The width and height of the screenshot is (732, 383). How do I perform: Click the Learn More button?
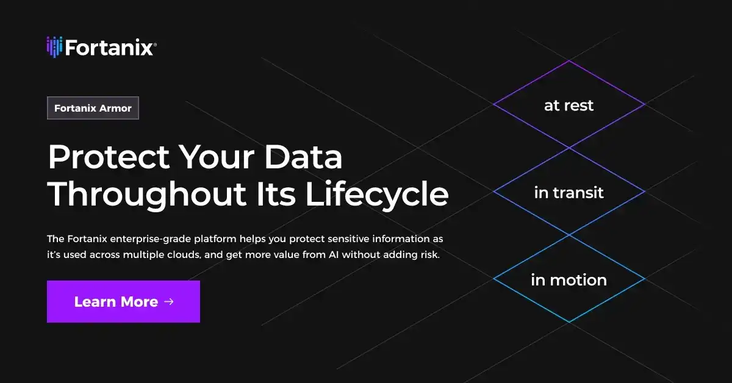[123, 301]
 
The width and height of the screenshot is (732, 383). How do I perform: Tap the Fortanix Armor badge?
[93, 108]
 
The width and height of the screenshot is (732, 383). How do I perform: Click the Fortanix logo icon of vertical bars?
[54, 47]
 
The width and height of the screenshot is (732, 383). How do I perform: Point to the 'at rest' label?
[569, 106]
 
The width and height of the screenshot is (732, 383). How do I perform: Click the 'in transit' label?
[569, 193]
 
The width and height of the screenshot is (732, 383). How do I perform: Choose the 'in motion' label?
[569, 280]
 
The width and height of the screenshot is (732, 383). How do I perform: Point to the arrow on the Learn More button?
[169, 301]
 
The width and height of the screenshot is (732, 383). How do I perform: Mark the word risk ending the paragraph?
[428, 254]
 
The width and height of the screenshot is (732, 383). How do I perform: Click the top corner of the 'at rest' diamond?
[569, 60]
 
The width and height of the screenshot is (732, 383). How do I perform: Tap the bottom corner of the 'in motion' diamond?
[569, 322]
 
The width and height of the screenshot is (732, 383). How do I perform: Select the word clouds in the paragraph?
[184, 254]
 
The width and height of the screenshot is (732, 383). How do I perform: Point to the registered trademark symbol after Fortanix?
[156, 44]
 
